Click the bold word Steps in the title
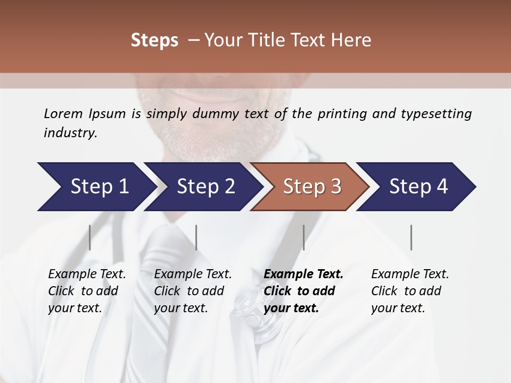154,40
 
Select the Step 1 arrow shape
96,187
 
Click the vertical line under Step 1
90,237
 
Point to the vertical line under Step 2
196,237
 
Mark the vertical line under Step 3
304,237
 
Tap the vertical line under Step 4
411,237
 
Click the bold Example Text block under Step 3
303,291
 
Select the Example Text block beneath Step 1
87,291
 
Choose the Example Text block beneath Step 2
193,291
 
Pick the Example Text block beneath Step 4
410,291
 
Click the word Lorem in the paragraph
63,113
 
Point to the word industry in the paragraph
70,133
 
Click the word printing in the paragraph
342,114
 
